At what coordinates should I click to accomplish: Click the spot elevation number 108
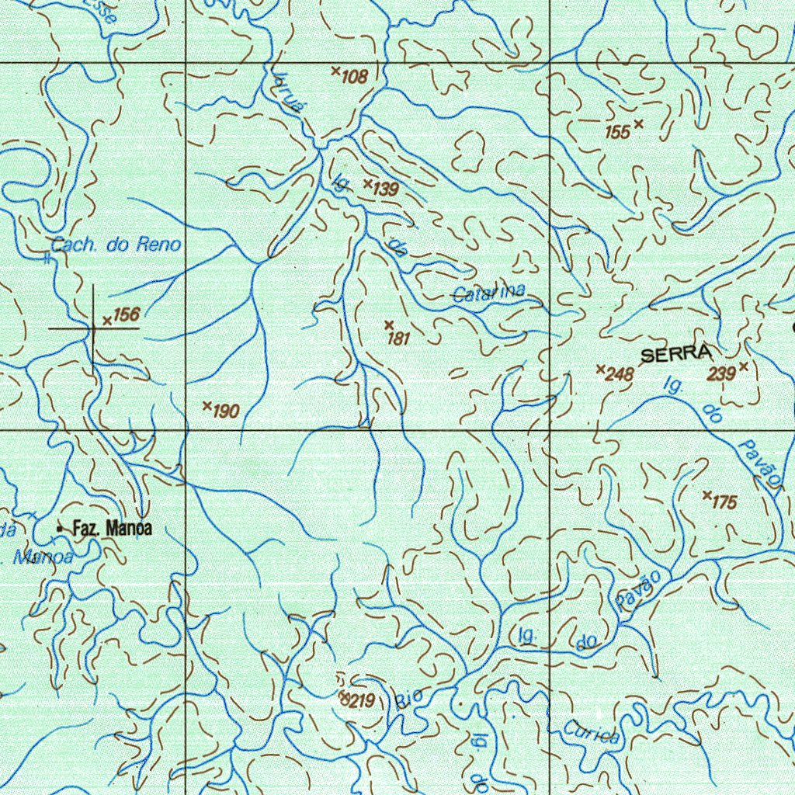(x=354, y=76)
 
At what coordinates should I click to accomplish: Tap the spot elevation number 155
(x=617, y=133)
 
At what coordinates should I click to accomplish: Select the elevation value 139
(x=385, y=189)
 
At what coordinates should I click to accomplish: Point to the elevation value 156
(x=126, y=314)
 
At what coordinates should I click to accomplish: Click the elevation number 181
(x=398, y=338)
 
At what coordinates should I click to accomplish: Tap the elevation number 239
(x=721, y=374)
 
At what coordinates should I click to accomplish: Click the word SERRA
(x=675, y=354)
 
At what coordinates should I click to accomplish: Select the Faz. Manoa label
(x=112, y=529)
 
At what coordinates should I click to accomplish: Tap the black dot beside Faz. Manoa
(x=60, y=529)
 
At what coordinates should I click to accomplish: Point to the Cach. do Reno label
(x=116, y=245)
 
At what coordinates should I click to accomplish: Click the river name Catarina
(x=488, y=293)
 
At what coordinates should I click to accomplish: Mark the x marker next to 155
(x=639, y=123)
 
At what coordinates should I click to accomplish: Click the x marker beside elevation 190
(x=207, y=406)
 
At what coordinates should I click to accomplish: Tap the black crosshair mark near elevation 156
(x=93, y=328)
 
